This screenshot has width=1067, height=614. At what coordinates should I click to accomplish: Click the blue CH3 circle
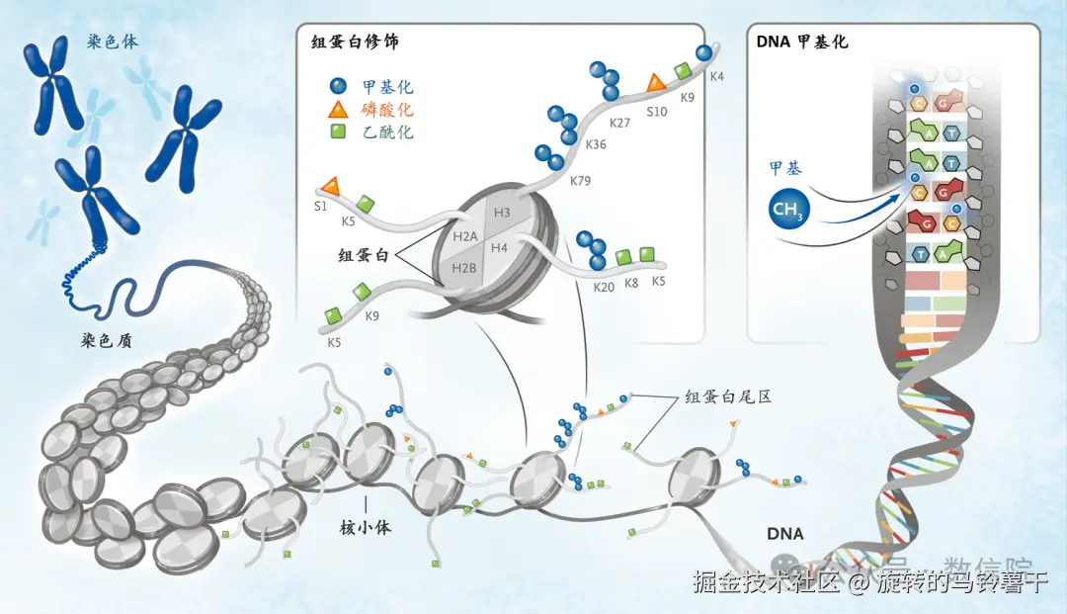tap(787, 211)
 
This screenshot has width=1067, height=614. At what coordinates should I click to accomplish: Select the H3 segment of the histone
tap(502, 213)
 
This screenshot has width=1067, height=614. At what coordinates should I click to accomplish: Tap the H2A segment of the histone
tap(464, 234)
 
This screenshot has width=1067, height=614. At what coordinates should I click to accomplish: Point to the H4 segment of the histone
tap(499, 247)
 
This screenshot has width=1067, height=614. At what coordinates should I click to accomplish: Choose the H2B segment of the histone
tap(463, 268)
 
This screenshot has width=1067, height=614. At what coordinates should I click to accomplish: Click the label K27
tap(619, 123)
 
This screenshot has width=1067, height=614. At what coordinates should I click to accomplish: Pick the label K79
tap(581, 181)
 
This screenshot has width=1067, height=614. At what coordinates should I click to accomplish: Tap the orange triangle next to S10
tap(656, 84)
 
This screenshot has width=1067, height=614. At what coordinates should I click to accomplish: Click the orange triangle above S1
tap(331, 185)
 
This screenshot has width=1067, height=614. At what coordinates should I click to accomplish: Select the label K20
tap(604, 287)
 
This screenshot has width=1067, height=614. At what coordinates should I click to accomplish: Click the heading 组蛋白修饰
tap(355, 43)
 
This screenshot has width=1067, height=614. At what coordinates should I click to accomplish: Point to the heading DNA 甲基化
tap(801, 43)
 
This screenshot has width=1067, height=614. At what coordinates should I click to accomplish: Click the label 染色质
tap(108, 341)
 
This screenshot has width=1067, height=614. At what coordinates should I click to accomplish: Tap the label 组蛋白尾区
tap(728, 396)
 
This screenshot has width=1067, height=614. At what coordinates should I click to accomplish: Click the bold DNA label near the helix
tap(785, 534)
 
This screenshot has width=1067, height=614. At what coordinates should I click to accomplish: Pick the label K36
tap(596, 144)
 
